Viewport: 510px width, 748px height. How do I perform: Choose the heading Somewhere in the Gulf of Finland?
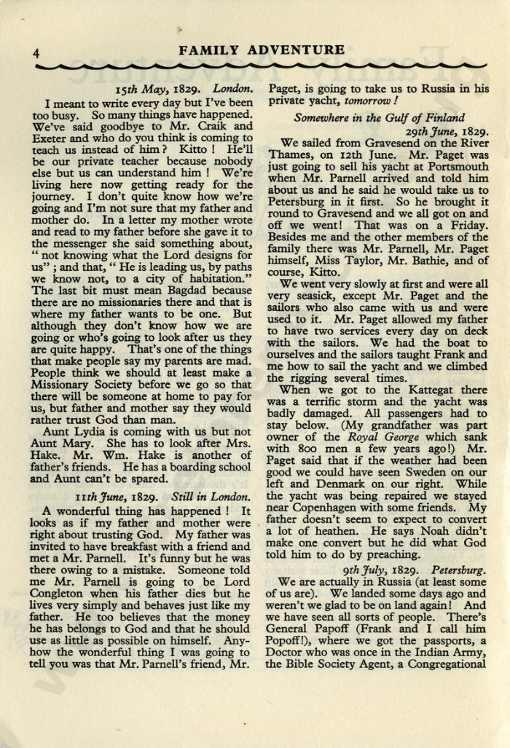tap(380, 117)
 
